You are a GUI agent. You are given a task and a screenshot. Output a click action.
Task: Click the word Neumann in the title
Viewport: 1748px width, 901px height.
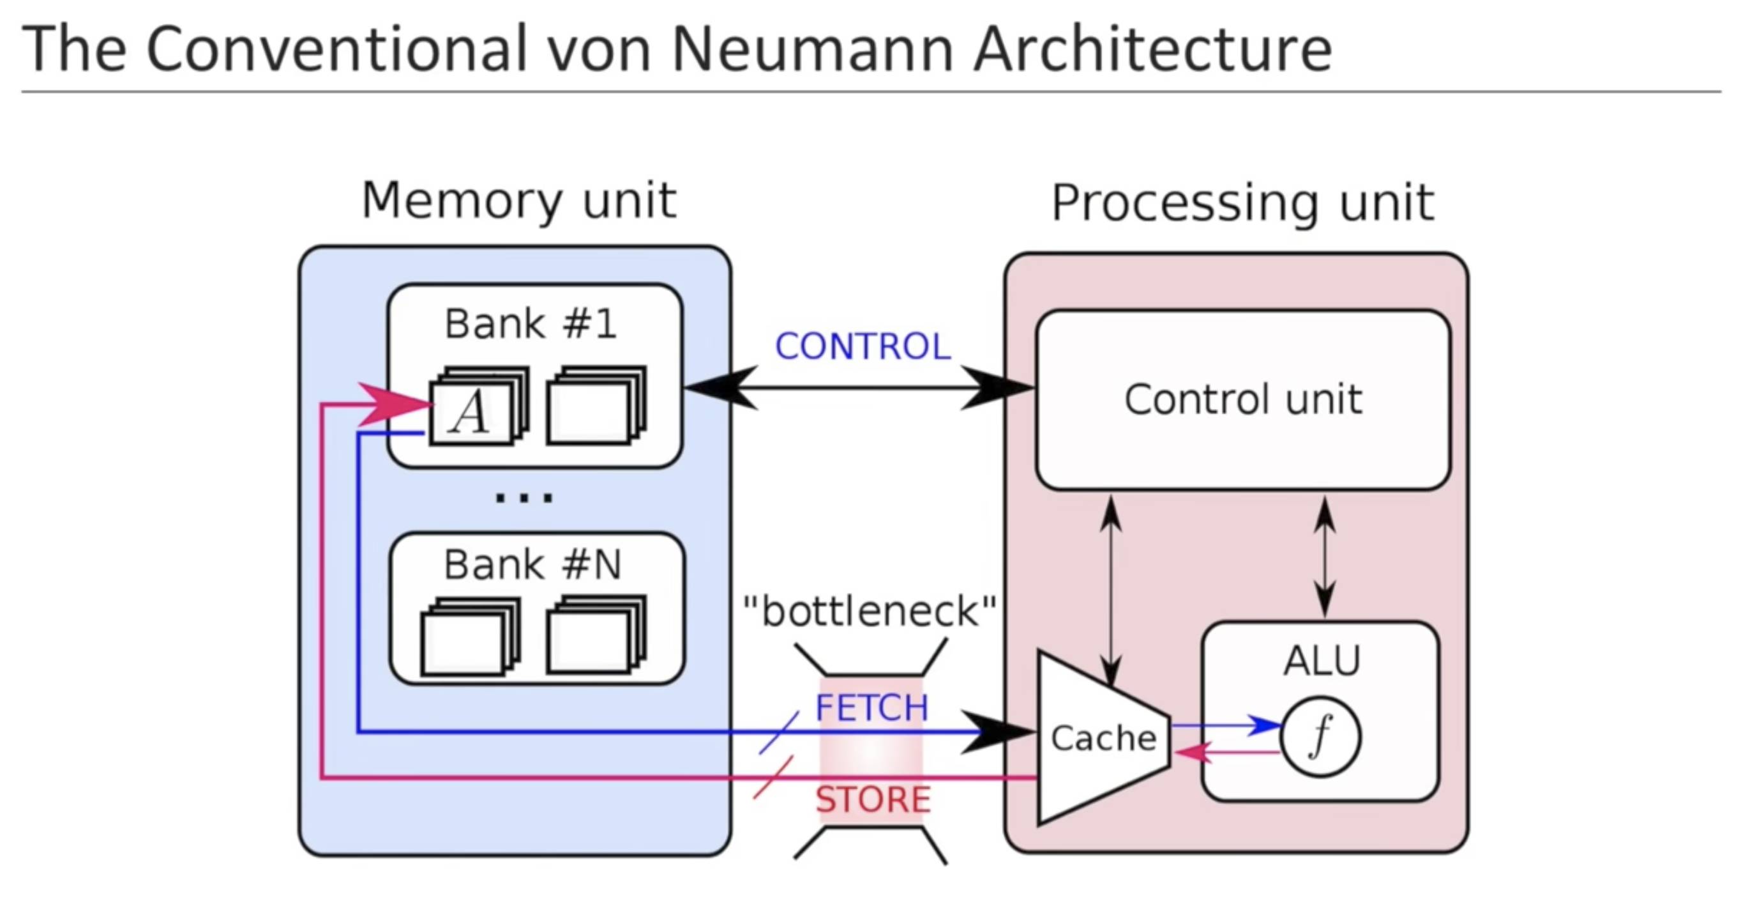pyautogui.click(x=811, y=49)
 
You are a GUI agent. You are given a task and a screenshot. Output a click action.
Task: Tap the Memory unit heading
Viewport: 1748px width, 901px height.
pyautogui.click(x=519, y=201)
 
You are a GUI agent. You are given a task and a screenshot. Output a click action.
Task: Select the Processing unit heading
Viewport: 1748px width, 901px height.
pyautogui.click(x=1242, y=203)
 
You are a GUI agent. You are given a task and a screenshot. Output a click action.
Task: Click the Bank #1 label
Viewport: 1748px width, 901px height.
pyautogui.click(x=531, y=324)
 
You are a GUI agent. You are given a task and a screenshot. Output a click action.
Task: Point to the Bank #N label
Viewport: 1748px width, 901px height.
pyautogui.click(x=532, y=565)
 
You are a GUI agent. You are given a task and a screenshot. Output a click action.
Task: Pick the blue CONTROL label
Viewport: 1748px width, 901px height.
pyautogui.click(x=863, y=347)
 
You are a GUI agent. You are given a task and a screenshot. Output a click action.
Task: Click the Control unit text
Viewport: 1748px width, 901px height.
pyautogui.click(x=1243, y=399)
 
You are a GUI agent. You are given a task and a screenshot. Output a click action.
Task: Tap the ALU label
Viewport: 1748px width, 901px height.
pyautogui.click(x=1322, y=660)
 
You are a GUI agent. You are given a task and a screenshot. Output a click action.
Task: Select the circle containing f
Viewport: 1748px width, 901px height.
pyautogui.click(x=1320, y=737)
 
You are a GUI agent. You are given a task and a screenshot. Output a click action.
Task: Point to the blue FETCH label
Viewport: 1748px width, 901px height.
pyautogui.click(x=871, y=708)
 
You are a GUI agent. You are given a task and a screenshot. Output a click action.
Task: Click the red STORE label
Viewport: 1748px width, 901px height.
pyautogui.click(x=873, y=799)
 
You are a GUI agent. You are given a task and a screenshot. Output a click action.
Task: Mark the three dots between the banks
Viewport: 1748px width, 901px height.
pyautogui.click(x=524, y=498)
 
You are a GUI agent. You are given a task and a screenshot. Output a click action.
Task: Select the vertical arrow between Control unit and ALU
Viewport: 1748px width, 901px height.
pyautogui.click(x=1325, y=557)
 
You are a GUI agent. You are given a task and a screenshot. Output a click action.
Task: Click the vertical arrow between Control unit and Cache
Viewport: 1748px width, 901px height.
pyautogui.click(x=1111, y=590)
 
